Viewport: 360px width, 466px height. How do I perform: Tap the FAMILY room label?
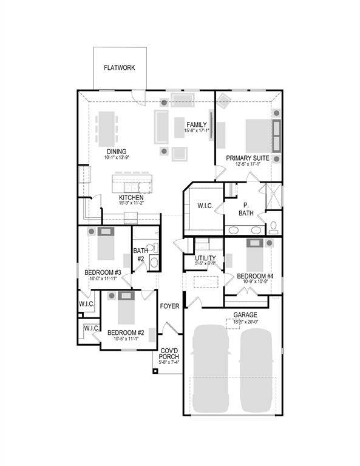[197, 124]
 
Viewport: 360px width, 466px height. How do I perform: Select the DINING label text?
[117, 152]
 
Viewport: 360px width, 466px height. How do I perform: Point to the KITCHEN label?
[131, 198]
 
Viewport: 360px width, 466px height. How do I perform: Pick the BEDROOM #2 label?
[125, 333]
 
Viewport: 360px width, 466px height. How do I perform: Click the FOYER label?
[169, 306]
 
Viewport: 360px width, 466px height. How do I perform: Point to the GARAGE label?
[245, 315]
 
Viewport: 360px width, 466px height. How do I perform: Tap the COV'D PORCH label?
[169, 354]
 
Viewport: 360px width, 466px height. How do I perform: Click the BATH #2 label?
[141, 254]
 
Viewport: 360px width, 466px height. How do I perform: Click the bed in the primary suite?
[257, 135]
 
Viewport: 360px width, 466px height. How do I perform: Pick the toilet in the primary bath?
[274, 227]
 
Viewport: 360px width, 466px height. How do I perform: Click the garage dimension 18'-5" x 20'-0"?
[245, 322]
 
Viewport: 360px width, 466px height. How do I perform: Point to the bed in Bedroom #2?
[126, 309]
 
